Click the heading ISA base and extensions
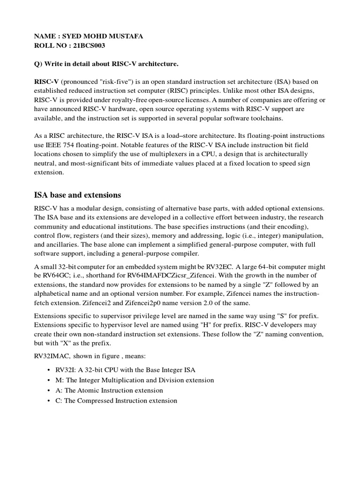pos(78,195)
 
